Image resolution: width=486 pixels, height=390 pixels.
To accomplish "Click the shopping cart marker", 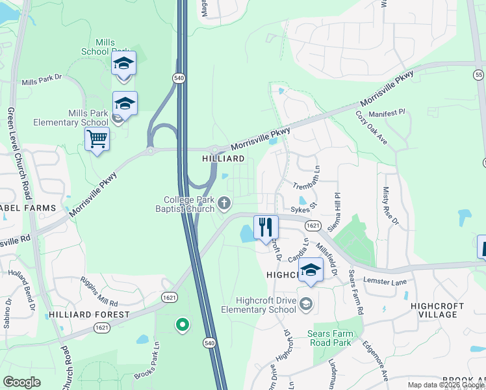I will point(97,139).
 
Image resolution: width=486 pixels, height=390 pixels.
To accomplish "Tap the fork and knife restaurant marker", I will point(265,227).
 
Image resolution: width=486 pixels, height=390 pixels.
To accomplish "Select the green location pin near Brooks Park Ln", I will point(183,324).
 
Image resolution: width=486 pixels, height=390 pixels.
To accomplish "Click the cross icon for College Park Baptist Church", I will point(224,204).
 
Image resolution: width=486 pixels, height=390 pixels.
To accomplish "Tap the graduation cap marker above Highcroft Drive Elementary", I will point(311,270).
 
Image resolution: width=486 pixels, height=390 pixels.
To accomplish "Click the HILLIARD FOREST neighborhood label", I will point(89,315).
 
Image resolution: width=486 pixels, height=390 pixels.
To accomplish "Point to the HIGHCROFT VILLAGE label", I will point(438,310).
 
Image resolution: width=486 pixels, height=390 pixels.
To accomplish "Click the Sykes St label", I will point(303,210).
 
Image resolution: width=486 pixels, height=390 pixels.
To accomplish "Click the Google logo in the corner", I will point(22,382).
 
